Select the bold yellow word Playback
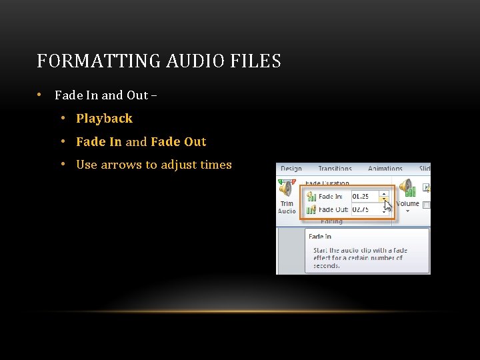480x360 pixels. tap(104, 119)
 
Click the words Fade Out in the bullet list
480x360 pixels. tap(179, 142)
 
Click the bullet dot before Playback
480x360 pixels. tap(62, 119)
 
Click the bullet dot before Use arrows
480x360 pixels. tap(62, 165)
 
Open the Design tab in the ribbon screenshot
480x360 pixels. tap(291, 169)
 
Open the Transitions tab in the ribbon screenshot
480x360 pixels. tap(335, 169)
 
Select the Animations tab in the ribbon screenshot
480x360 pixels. tap(385, 169)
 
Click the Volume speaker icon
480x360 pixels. tap(407, 189)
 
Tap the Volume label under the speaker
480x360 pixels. tap(407, 204)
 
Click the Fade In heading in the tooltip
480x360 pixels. tap(320, 237)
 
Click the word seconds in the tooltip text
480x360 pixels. tap(327, 265)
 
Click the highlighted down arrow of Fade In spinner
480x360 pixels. tap(384, 199)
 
